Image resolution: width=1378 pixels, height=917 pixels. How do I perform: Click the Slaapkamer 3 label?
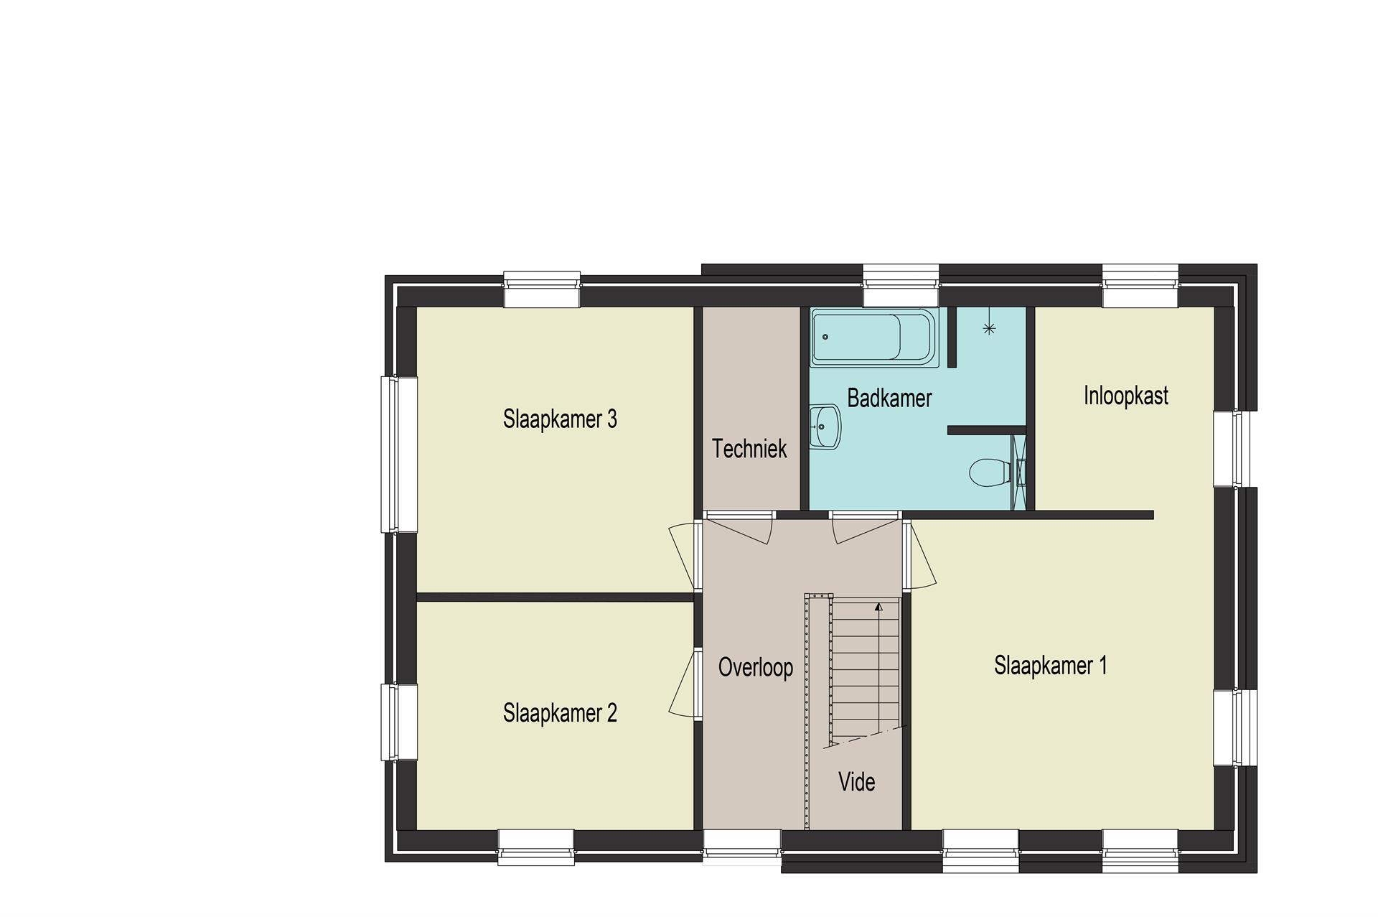(560, 419)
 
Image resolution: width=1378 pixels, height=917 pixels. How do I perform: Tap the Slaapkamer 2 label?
(560, 713)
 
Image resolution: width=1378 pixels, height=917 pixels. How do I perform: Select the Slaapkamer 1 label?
(1050, 666)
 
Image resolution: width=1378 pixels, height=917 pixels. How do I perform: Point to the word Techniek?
(749, 449)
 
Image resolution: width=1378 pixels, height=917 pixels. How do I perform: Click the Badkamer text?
(889, 398)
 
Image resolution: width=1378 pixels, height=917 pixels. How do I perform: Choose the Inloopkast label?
(1125, 396)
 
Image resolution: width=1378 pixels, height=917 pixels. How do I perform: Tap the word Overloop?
(755, 667)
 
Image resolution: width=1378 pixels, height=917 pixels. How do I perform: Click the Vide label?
(857, 781)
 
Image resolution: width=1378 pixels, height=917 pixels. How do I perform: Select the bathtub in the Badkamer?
(874, 337)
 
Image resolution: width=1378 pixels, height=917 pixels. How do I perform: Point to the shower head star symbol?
(989, 329)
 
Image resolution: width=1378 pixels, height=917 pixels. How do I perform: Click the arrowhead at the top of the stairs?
(878, 607)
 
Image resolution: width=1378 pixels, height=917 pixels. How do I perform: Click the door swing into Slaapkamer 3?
(683, 557)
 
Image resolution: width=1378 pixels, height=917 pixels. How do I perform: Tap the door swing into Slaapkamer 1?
(920, 557)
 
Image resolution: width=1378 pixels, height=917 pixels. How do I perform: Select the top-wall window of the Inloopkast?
(1140, 286)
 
